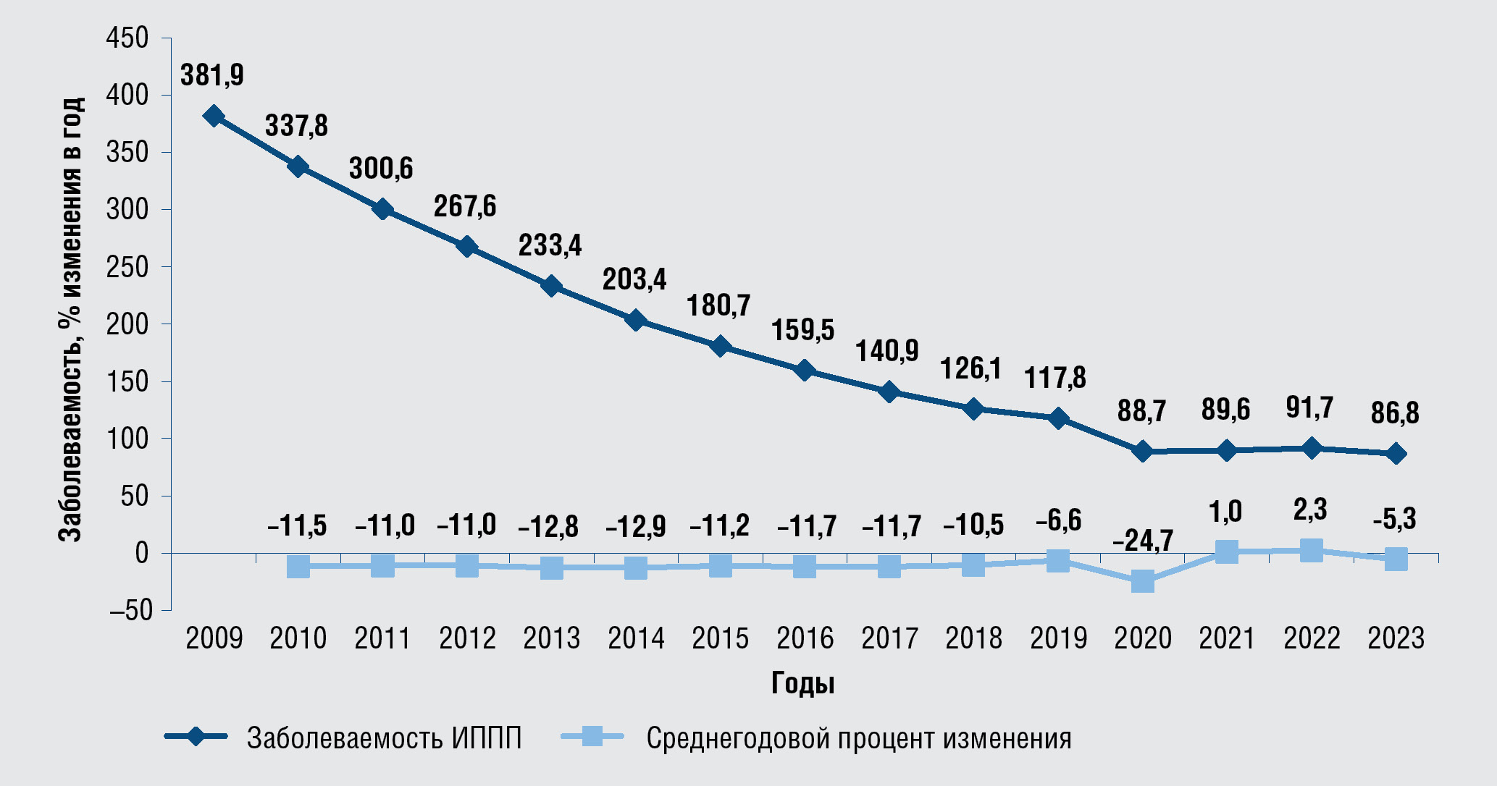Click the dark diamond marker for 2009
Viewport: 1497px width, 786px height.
pyautogui.click(x=214, y=116)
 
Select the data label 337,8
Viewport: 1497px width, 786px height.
pyautogui.click(x=296, y=126)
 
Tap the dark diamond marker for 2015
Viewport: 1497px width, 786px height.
pyautogui.click(x=720, y=346)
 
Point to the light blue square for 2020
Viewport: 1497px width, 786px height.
pyautogui.click(x=1142, y=581)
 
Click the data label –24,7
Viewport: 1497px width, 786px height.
pyautogui.click(x=1142, y=541)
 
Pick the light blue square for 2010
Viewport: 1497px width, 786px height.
pyautogui.click(x=298, y=566)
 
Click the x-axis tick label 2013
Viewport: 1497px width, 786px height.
pyautogui.click(x=552, y=638)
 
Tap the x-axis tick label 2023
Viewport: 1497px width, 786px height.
pyautogui.click(x=1396, y=638)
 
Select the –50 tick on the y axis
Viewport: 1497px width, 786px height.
pyautogui.click(x=131, y=611)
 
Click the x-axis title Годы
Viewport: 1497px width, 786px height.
pyautogui.click(x=802, y=683)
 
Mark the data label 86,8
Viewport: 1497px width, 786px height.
pyautogui.click(x=1395, y=413)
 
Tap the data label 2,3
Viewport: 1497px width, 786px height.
pyautogui.click(x=1311, y=510)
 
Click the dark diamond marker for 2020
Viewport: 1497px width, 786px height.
pyautogui.click(x=1142, y=452)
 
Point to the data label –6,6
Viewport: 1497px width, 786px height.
pyautogui.click(x=1058, y=520)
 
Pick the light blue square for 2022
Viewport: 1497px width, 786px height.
pyautogui.click(x=1311, y=550)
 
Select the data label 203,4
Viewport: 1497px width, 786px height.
pyautogui.click(x=634, y=279)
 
